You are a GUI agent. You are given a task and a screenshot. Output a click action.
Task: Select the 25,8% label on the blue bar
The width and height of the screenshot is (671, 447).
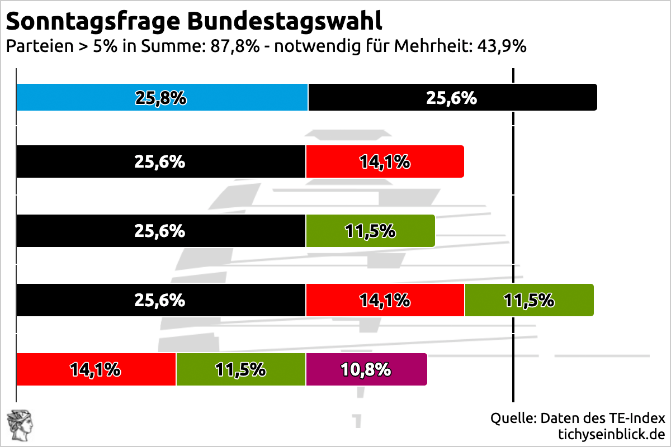160,98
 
